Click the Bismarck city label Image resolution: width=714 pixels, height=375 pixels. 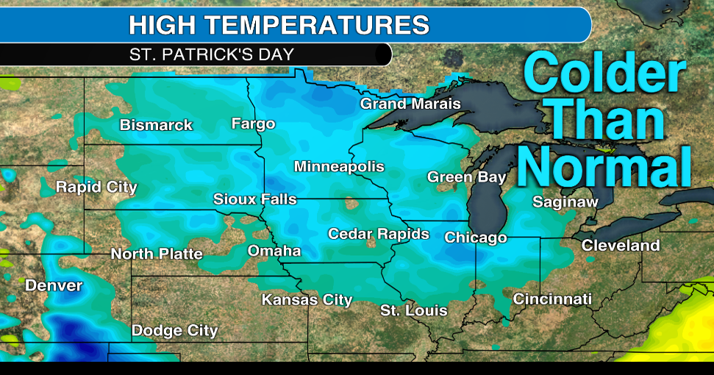click(x=156, y=125)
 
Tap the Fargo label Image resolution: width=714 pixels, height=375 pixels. click(x=253, y=124)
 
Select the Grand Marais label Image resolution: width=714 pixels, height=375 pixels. click(x=410, y=104)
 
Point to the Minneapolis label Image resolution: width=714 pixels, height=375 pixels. click(x=339, y=167)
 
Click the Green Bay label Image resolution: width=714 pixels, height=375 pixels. click(x=467, y=177)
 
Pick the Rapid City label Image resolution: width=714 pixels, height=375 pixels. click(x=96, y=187)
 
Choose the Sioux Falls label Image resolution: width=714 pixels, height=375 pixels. click(x=255, y=199)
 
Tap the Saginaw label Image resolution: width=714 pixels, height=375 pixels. click(x=565, y=201)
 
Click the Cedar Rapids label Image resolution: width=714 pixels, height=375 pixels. click(x=379, y=234)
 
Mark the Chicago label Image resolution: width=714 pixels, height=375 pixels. click(x=476, y=238)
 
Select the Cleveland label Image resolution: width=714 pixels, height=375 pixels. click(x=621, y=246)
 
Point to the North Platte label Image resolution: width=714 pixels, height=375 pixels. click(x=157, y=254)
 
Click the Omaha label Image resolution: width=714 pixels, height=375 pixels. click(x=274, y=251)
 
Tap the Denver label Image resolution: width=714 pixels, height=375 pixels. click(x=54, y=285)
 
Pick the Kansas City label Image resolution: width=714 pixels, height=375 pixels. click(x=307, y=300)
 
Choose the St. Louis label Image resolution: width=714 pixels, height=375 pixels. click(x=414, y=310)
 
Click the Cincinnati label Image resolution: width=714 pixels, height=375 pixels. click(x=552, y=299)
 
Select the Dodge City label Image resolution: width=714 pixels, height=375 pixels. click(x=174, y=331)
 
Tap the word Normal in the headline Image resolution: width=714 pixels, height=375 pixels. click(x=605, y=165)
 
